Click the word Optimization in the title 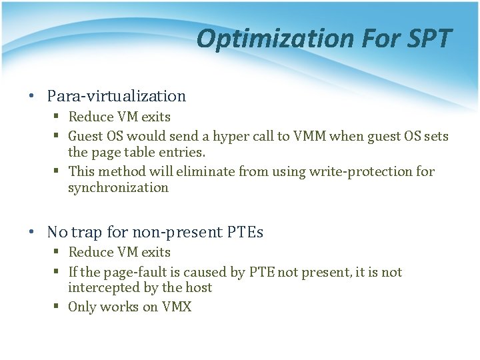tap(275, 39)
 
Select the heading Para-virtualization tap(116, 96)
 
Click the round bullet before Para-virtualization tap(32, 96)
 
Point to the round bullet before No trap tap(32, 232)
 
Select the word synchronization tap(118, 187)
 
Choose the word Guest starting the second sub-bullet tap(85, 137)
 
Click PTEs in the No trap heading tap(245, 232)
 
